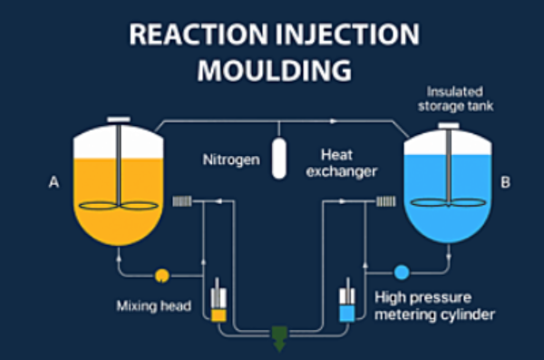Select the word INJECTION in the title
tap(350, 34)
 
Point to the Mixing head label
tap(153, 306)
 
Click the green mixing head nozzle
tap(278, 338)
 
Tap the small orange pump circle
tap(162, 273)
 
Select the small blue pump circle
tap(400, 271)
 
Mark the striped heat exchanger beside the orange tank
tap(184, 202)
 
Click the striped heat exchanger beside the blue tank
tap(384, 202)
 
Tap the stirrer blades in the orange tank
tap(117, 205)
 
